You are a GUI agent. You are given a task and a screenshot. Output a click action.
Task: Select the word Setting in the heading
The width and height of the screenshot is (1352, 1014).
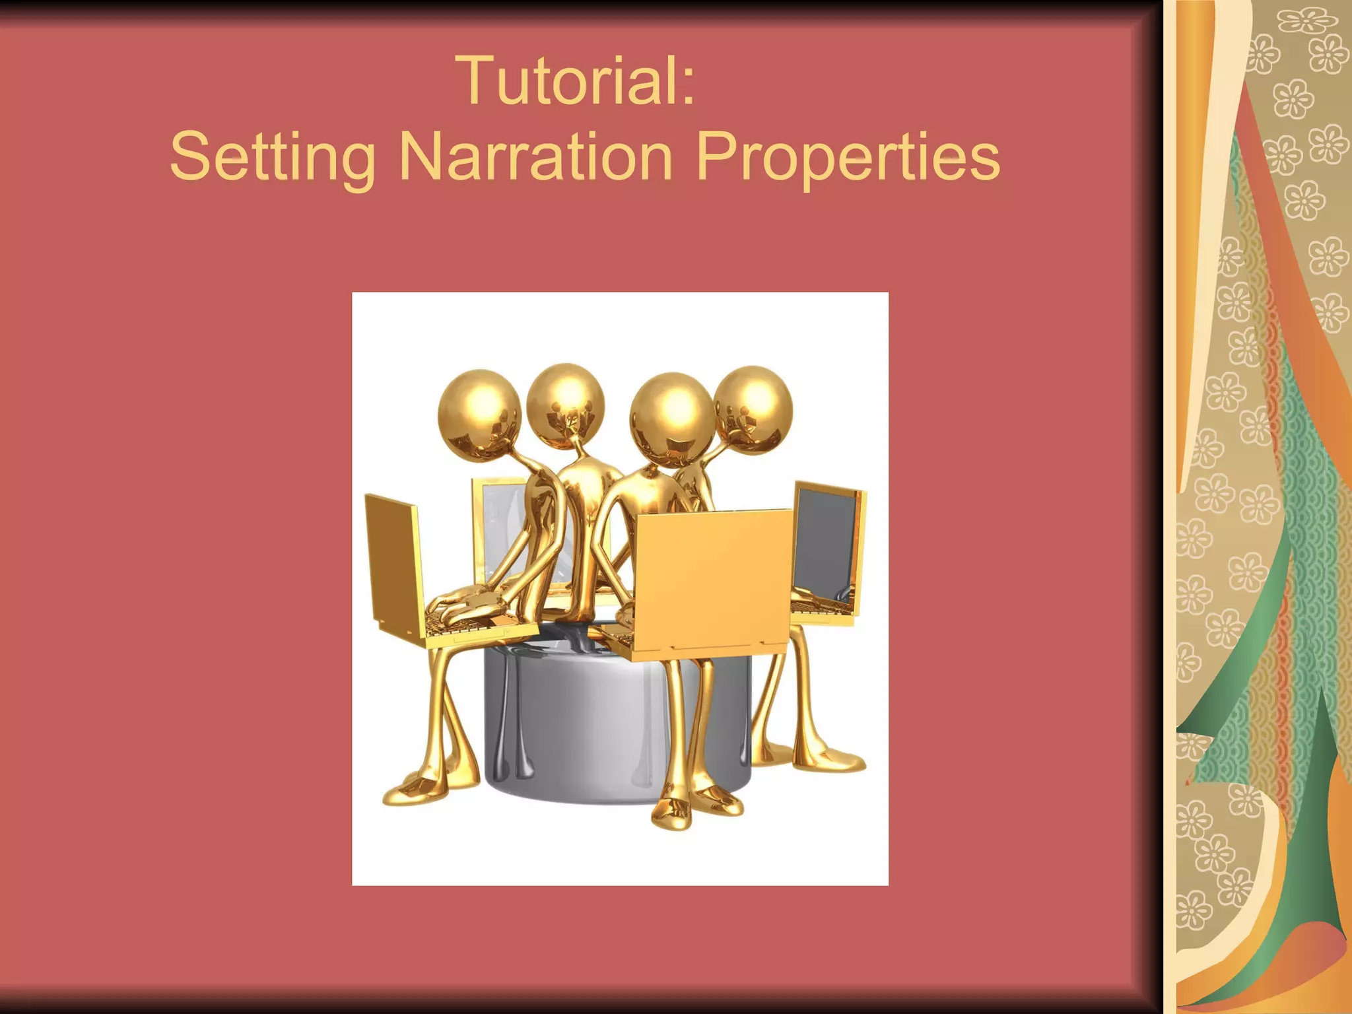[272, 157]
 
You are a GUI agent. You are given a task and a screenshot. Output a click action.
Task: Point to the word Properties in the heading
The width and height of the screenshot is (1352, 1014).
[848, 157]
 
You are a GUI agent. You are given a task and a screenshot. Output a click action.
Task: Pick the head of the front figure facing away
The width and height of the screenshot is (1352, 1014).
[671, 413]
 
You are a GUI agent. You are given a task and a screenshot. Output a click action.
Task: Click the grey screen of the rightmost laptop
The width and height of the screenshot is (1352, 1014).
[825, 541]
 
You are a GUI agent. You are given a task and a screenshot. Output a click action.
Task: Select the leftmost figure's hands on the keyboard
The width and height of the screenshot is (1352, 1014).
[462, 604]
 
